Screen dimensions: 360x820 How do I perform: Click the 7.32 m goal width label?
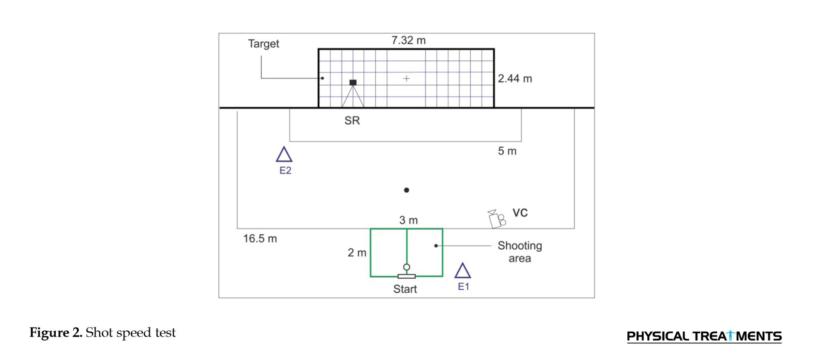(408, 41)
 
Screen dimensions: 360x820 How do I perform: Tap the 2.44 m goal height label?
(515, 78)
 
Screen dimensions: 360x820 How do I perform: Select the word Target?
(263, 44)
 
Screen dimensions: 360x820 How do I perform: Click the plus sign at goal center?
(406, 78)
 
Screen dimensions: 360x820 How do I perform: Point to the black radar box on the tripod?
(353, 82)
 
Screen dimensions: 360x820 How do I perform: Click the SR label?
(352, 121)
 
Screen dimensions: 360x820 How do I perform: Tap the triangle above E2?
(284, 155)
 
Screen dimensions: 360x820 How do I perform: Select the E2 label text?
(285, 171)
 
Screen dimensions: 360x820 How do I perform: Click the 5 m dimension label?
(507, 151)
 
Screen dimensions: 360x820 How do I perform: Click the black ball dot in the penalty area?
(406, 190)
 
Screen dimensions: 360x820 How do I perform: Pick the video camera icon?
(497, 219)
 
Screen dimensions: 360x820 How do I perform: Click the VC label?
(520, 213)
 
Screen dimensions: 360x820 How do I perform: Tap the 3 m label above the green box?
(408, 220)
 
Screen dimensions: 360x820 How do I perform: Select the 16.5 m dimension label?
(260, 239)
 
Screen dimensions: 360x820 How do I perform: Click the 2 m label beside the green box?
(357, 253)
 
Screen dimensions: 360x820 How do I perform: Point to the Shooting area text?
(519, 252)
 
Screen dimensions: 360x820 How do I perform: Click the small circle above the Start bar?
(406, 267)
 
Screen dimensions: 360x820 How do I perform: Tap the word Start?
(405, 289)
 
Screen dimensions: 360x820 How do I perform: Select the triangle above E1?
(462, 271)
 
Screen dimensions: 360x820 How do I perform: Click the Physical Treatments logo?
(704, 336)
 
